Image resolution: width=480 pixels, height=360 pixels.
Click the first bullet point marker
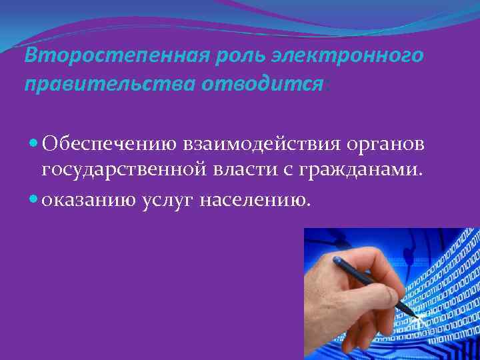point(34,145)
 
